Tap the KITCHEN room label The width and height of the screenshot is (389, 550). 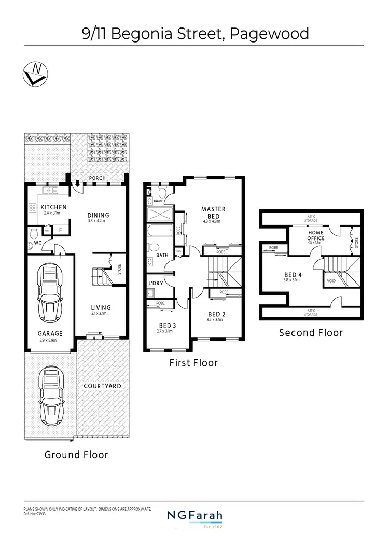(x=53, y=207)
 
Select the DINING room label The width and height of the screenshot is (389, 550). (x=98, y=215)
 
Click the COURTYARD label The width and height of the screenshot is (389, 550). (x=102, y=386)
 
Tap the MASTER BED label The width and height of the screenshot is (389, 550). (x=213, y=213)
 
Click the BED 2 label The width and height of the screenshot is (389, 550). (x=216, y=314)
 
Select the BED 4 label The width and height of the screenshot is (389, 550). (x=293, y=275)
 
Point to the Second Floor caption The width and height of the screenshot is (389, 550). (x=311, y=332)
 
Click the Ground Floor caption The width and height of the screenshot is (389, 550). (x=76, y=455)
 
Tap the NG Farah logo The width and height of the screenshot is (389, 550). (x=194, y=516)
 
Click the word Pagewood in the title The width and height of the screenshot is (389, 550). (x=272, y=34)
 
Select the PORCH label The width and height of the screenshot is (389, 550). (x=97, y=178)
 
